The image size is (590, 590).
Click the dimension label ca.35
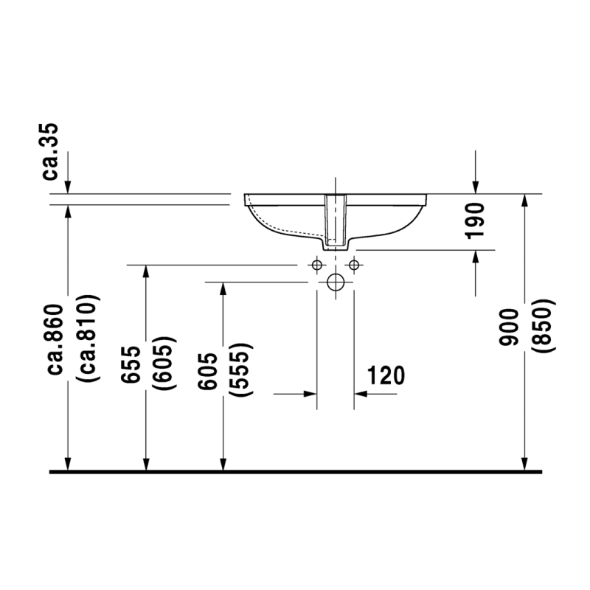tap(50, 151)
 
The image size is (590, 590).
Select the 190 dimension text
tap(475, 221)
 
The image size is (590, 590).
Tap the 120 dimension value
tap(386, 375)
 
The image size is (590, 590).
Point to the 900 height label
tap(509, 327)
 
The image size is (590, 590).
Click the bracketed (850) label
tap(544, 325)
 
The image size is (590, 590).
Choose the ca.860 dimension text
tap(55, 339)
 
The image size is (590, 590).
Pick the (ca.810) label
tap(88, 338)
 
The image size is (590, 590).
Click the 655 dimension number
tap(131, 364)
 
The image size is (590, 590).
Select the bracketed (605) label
tap(164, 363)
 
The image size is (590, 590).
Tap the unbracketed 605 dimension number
tap(208, 371)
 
